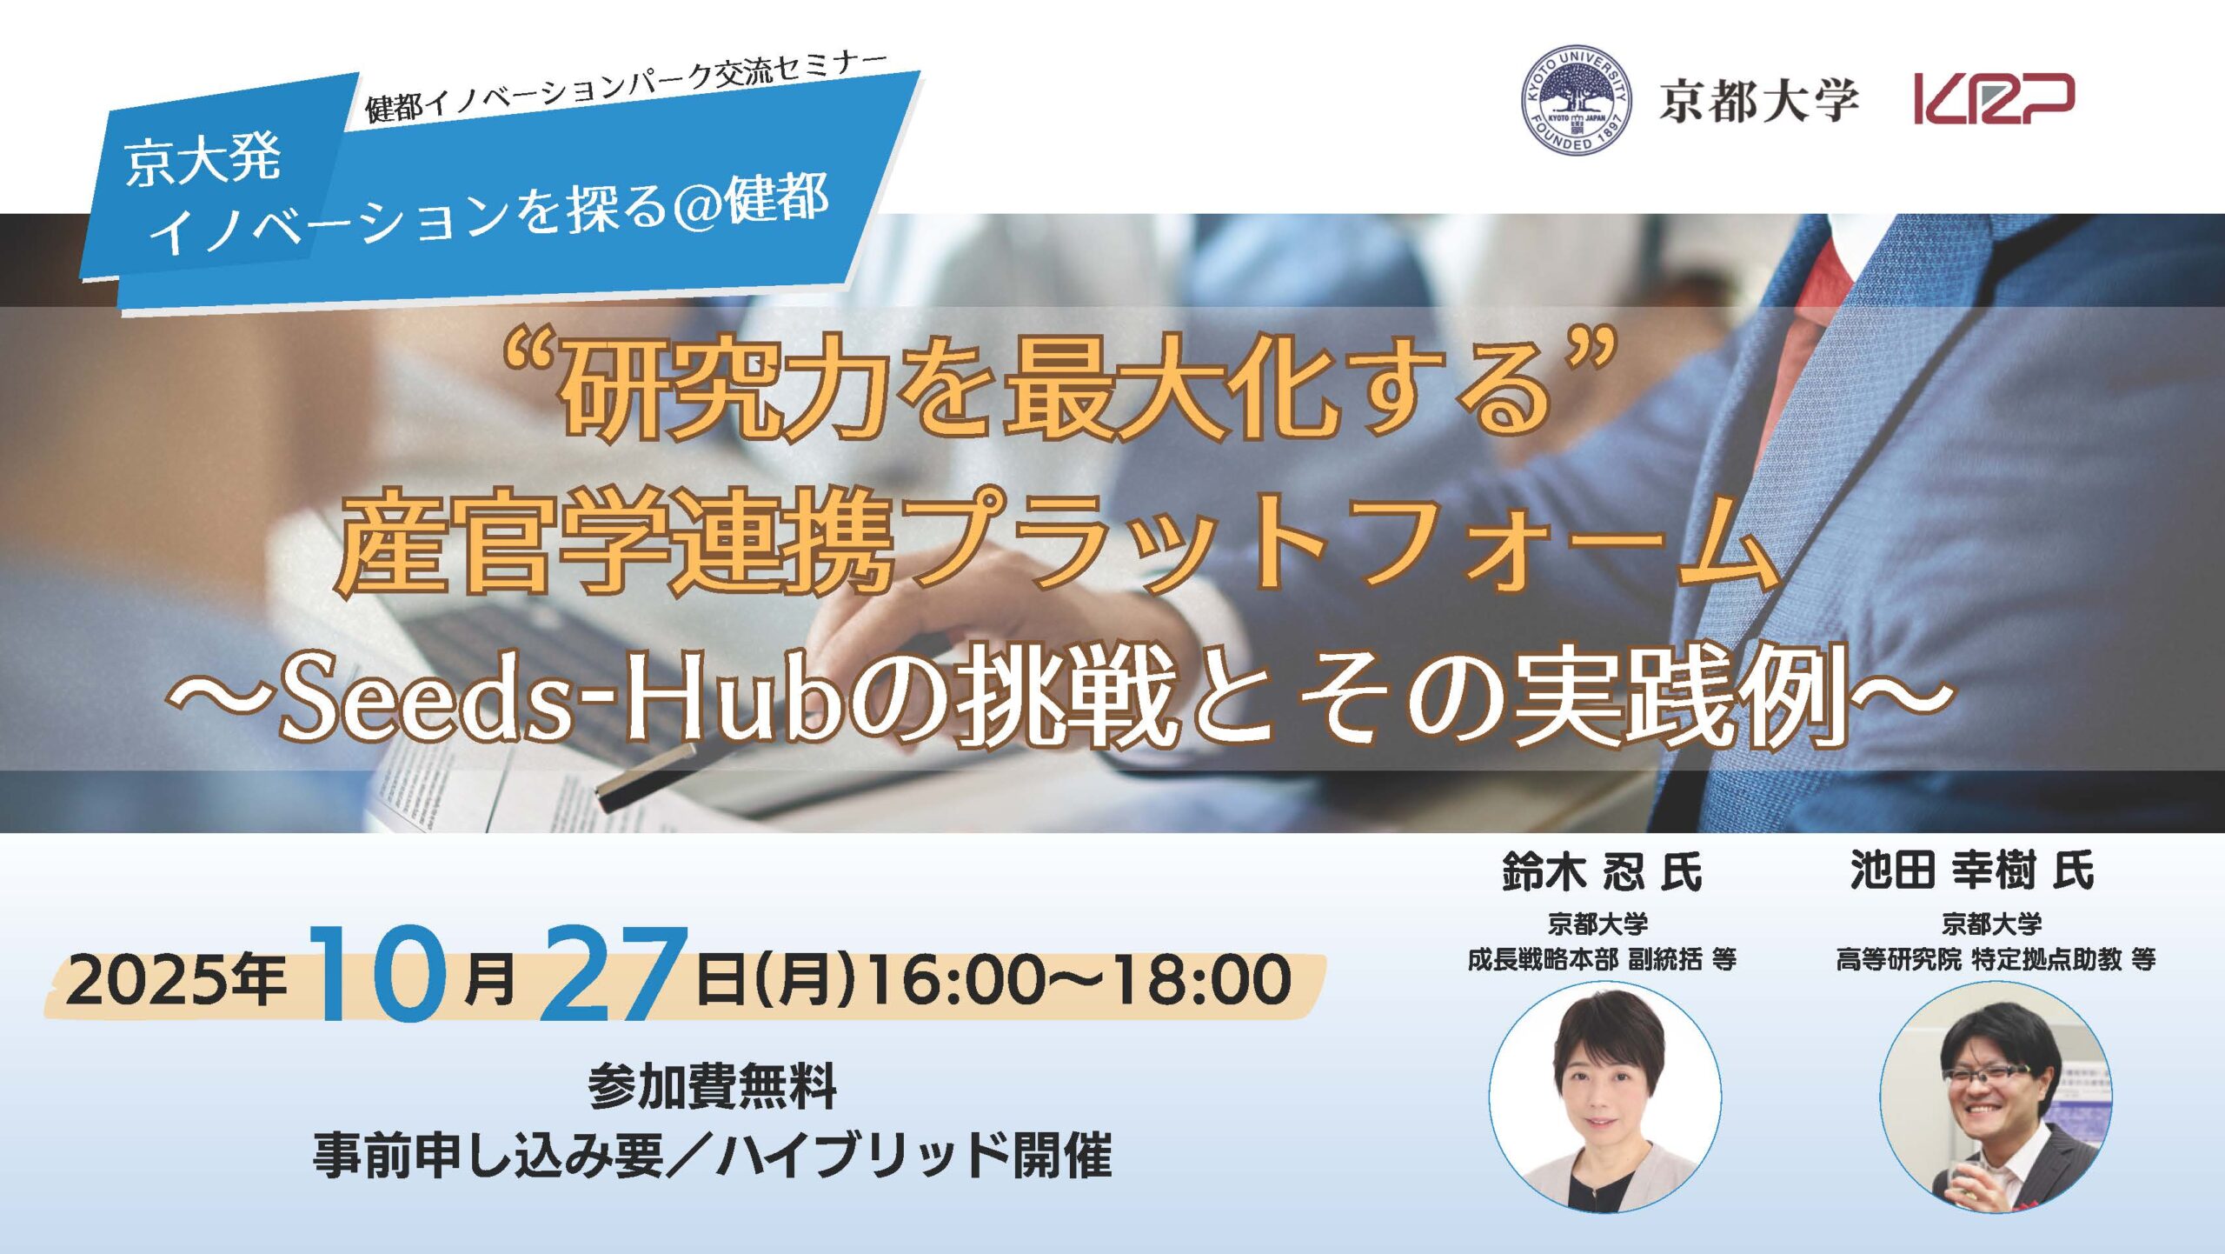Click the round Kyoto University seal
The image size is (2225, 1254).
click(x=1576, y=100)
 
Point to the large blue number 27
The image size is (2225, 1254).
click(x=614, y=973)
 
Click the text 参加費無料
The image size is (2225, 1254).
click(x=713, y=1087)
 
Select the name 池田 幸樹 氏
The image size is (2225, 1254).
click(x=1972, y=870)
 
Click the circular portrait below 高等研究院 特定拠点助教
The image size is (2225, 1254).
click(x=1996, y=1097)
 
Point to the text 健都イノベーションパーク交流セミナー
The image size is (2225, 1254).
click(x=627, y=87)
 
